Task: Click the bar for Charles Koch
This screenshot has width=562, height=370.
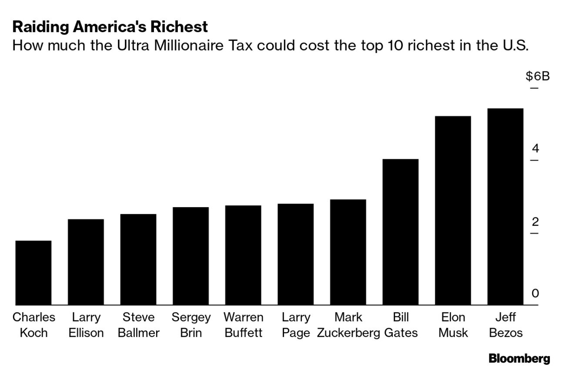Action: click(33, 272)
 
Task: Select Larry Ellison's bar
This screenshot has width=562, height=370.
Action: click(86, 262)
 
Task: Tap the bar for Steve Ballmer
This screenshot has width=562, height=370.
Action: click(138, 259)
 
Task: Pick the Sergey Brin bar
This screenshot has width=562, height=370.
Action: click(191, 256)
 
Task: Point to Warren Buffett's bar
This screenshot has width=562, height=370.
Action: click(243, 255)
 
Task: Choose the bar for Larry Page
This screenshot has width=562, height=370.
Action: click(295, 254)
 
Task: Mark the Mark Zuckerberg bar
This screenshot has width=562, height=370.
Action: click(348, 252)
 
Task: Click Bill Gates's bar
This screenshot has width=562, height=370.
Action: click(401, 232)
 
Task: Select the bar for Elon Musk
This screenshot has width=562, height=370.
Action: click(453, 210)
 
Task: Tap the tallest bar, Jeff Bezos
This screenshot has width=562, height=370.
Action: click(505, 206)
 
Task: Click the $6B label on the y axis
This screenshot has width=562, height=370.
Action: click(538, 77)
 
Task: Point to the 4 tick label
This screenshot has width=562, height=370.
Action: click(535, 149)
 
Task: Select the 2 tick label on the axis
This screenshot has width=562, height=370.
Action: click(535, 222)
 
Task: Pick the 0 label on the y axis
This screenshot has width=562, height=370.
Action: click(535, 294)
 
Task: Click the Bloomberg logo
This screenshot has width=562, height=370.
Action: click(519, 359)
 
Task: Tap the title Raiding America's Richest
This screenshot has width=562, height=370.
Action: click(110, 27)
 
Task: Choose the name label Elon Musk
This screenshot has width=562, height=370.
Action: click(453, 325)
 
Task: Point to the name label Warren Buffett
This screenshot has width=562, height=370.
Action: click(243, 325)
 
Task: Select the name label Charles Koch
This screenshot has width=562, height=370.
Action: click(34, 325)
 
